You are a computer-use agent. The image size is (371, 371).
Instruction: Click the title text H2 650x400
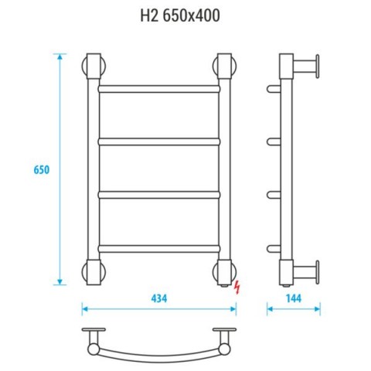pyautogui.click(x=180, y=15)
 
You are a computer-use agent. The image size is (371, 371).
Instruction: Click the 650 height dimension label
pyautogui.click(x=42, y=170)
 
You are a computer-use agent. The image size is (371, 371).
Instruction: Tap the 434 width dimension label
pyautogui.click(x=159, y=298)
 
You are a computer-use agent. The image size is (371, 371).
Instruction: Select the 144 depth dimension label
pyautogui.click(x=294, y=298)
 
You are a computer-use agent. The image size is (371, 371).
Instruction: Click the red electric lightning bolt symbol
pyautogui.click(x=237, y=288)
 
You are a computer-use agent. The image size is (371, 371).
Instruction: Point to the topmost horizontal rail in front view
pyautogui.click(x=159, y=89)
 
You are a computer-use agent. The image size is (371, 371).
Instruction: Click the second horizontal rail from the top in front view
pyautogui.click(x=159, y=142)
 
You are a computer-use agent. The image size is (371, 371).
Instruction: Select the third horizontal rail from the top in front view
pyautogui.click(x=159, y=195)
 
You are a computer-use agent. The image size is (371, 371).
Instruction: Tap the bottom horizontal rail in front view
pyautogui.click(x=159, y=249)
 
